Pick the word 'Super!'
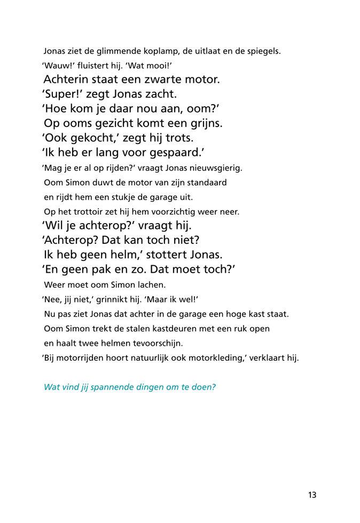62,94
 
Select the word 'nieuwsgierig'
217,168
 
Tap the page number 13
312,495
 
